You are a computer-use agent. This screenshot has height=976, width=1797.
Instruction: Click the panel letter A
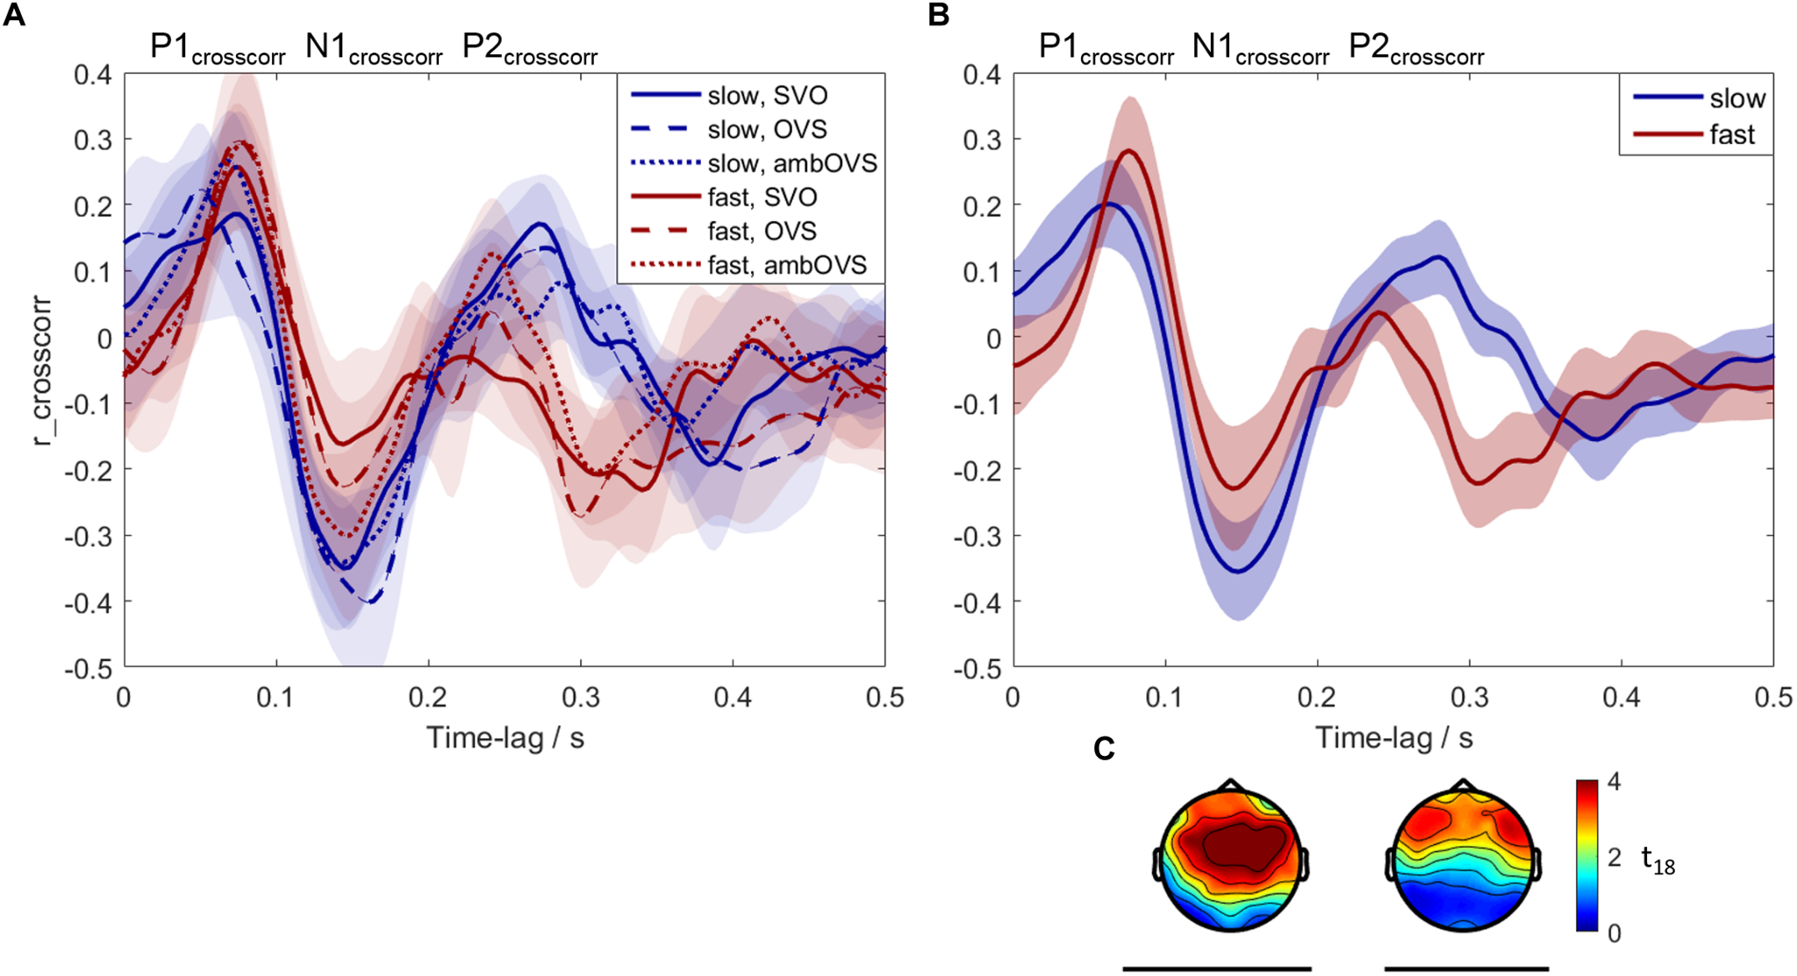[x=14, y=15]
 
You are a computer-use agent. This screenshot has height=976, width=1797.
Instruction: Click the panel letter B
[x=938, y=15]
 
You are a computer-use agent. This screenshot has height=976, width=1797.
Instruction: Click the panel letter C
[x=1104, y=748]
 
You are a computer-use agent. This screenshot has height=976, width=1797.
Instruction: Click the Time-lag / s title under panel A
[x=505, y=737]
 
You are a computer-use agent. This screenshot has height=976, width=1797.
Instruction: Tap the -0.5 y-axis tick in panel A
[x=89, y=668]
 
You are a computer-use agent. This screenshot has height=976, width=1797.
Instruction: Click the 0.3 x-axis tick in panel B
[x=1469, y=697]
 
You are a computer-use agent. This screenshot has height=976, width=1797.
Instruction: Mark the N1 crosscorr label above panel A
[x=374, y=47]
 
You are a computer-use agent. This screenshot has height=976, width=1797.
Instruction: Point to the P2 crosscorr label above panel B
[x=1415, y=47]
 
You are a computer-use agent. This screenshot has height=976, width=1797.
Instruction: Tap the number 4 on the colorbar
[x=1614, y=782]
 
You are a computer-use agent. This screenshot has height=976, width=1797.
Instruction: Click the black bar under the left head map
[x=1217, y=969]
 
